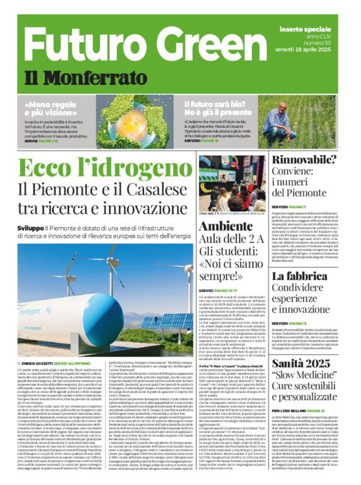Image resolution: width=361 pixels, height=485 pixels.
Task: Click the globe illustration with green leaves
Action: coord(115,110)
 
